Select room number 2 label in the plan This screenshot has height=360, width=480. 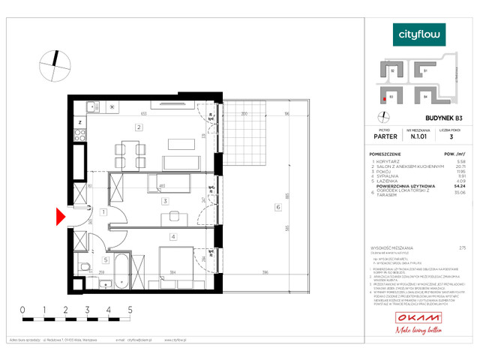tap(139, 127)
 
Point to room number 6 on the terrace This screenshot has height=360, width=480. tap(277, 208)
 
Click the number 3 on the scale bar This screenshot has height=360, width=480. tap(87, 309)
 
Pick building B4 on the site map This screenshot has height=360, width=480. tap(424, 96)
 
